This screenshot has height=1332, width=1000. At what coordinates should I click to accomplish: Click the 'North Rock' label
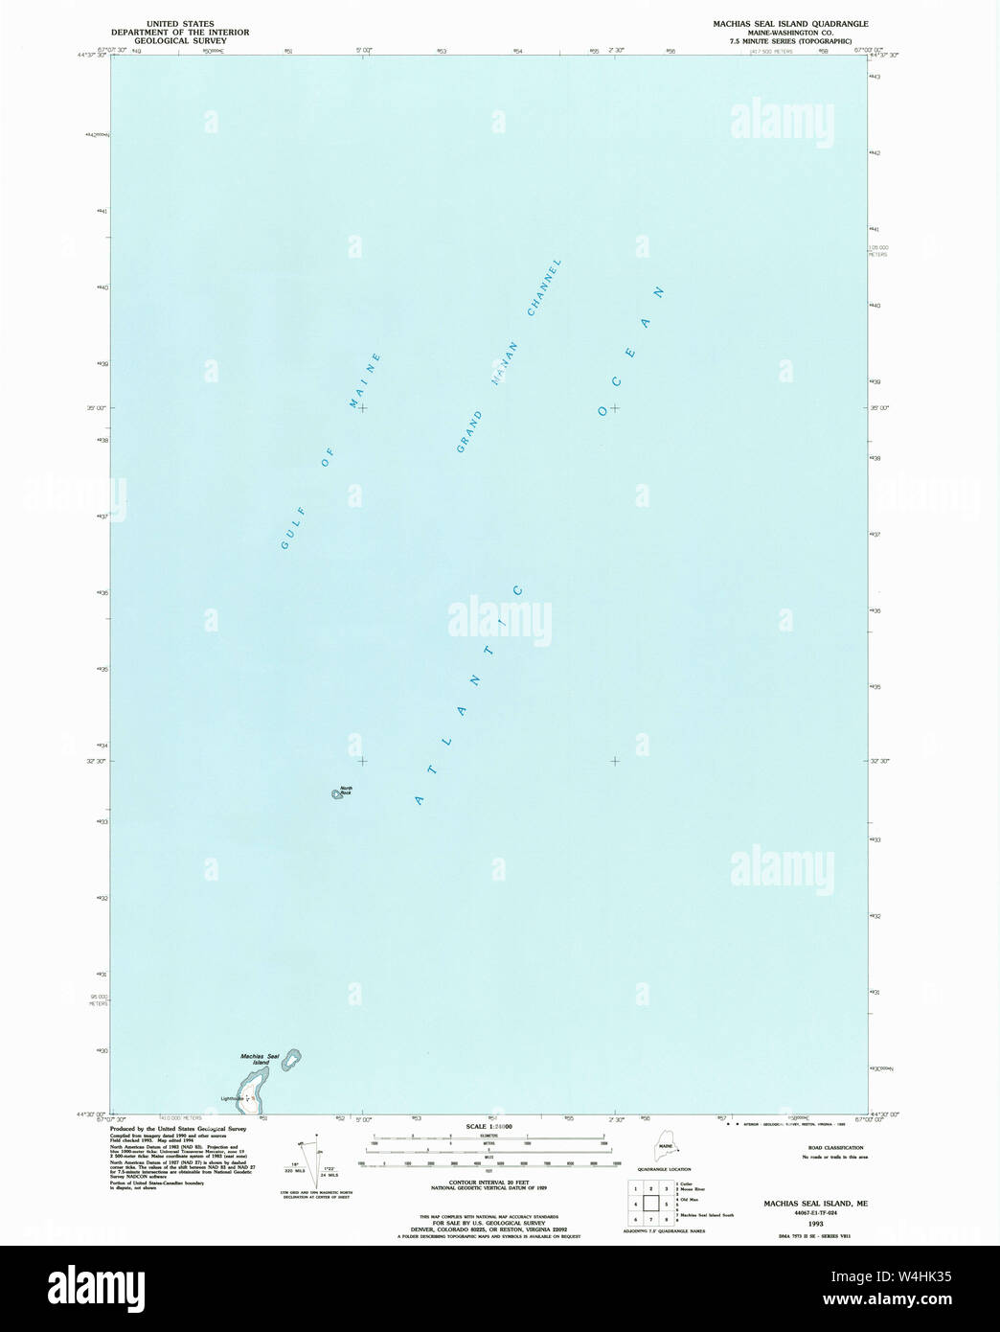coord(346,791)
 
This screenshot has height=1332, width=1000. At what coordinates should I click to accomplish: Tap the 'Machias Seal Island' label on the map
coord(260,1059)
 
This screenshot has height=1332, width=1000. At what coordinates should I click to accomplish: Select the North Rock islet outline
coord(336,793)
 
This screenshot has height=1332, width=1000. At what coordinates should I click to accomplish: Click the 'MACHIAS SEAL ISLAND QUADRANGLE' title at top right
coord(797,22)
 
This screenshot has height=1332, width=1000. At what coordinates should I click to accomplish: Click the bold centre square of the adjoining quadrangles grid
coord(651,1204)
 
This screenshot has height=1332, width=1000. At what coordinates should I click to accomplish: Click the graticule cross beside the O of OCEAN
coord(614,408)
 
